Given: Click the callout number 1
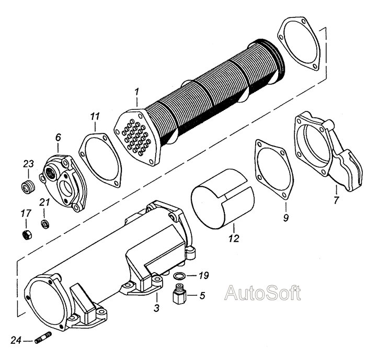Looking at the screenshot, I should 136,93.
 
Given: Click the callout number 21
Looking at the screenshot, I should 45,203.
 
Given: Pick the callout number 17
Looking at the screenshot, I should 25,213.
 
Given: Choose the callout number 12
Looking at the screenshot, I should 234,240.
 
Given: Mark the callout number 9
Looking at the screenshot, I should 286,218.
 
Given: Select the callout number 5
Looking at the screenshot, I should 202,295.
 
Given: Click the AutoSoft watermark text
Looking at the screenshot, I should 262,292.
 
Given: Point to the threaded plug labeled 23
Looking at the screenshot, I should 28,186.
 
